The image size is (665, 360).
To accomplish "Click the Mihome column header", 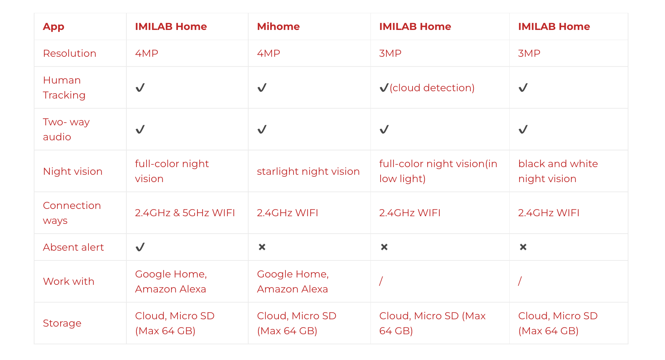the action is (x=278, y=26).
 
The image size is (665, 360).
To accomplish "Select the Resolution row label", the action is (x=70, y=53).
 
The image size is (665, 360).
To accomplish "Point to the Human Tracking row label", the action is (x=64, y=87).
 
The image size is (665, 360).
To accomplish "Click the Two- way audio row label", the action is (x=66, y=129).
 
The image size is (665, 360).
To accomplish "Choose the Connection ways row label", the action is (x=72, y=213).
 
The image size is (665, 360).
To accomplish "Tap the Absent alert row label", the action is (x=73, y=247).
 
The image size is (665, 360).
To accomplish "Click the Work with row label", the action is (x=69, y=281).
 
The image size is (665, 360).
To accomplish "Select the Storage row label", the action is (x=62, y=323).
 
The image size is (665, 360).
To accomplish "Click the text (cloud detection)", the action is (x=432, y=88).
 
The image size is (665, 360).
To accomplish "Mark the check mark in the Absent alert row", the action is (x=140, y=247).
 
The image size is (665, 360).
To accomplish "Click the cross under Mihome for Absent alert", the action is (x=262, y=247).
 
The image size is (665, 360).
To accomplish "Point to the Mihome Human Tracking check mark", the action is (x=262, y=87).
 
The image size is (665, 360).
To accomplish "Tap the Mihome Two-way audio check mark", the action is (x=262, y=130).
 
